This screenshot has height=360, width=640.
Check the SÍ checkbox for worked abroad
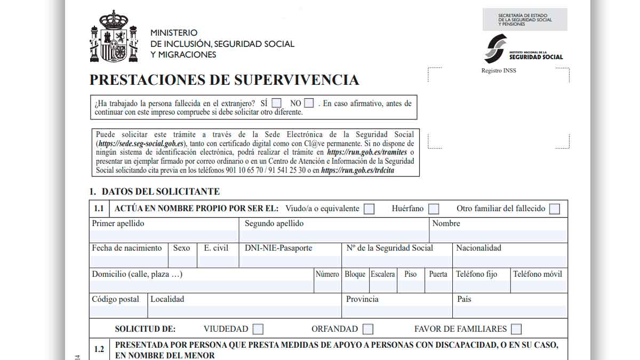(276, 103)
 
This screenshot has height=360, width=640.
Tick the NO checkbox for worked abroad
(309, 103)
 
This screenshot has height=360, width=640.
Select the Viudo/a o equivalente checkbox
(369, 209)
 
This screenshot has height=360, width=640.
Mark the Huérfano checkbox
(434, 209)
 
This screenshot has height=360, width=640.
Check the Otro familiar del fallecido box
(555, 209)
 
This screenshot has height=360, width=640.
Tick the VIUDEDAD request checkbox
(258, 329)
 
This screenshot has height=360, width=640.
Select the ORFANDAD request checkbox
(368, 329)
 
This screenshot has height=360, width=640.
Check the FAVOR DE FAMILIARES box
(516, 329)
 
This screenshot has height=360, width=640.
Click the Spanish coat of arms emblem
(114, 36)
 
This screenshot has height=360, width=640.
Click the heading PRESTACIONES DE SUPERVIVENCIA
(224, 80)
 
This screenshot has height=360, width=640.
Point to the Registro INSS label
(499, 70)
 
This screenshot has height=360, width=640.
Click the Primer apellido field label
(118, 223)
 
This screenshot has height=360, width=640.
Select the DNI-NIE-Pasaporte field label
(278, 248)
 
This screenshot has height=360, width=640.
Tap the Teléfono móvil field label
(538, 274)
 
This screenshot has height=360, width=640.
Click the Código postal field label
(116, 299)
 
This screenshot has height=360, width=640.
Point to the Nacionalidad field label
(478, 248)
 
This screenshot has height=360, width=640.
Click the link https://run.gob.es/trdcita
(357, 171)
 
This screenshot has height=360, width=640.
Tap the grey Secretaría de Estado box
(525, 20)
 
